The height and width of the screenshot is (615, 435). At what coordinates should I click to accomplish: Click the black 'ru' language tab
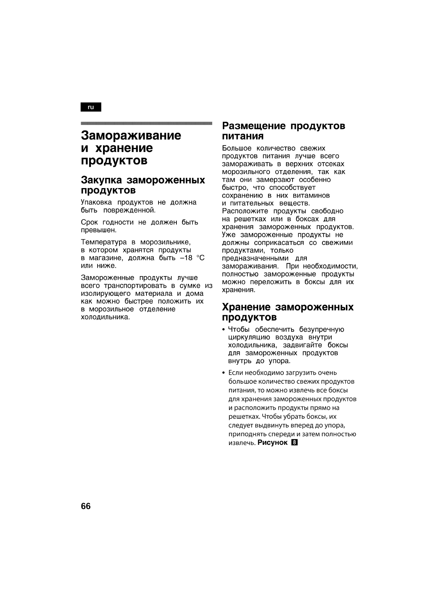tap(91, 107)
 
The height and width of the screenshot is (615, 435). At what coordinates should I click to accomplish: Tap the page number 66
tap(86, 506)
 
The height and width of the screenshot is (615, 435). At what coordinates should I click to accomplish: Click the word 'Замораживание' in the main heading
tap(131, 135)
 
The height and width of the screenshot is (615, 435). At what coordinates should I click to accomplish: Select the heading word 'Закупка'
tap(101, 180)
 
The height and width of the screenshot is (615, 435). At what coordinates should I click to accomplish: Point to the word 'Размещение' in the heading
tap(254, 126)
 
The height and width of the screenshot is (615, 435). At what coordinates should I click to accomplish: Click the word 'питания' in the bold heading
tap(243, 136)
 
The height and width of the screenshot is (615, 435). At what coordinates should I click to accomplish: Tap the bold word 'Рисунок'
tap(272, 443)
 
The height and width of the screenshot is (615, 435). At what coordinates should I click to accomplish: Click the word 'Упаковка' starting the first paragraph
tap(97, 202)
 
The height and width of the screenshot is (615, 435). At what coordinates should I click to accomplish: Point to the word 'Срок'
tap(89, 222)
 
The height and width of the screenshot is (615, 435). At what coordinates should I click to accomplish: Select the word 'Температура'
tap(104, 242)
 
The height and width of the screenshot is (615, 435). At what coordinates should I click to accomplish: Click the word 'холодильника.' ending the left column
tap(105, 317)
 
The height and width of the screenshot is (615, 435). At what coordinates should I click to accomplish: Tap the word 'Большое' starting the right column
tap(237, 148)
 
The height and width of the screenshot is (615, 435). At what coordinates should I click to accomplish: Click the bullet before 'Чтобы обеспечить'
tap(224, 330)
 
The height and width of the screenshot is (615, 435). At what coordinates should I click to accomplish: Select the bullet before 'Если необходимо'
tap(224, 373)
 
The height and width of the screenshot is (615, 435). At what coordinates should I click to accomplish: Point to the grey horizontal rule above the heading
tap(146, 123)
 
